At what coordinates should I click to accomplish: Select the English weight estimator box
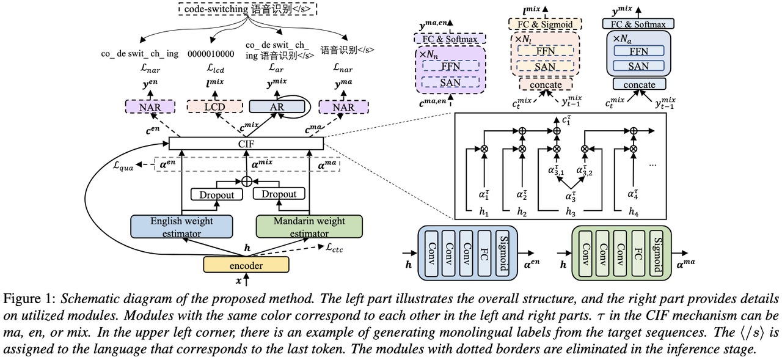181,227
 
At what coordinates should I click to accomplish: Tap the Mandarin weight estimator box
309,227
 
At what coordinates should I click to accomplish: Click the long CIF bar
245,143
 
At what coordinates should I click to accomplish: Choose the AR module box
277,107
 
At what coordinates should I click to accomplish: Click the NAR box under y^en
151,107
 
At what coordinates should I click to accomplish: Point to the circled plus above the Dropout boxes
247,180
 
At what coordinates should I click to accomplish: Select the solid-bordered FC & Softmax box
637,24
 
